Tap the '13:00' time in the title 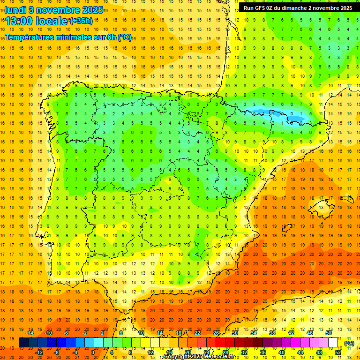pos(19,21)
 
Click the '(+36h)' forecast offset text pos(81,21)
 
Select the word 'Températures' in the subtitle pos(32,37)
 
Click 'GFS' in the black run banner pos(262,7)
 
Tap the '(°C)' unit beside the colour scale pos(349,343)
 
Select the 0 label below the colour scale pos(93,352)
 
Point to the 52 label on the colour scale pos(338,352)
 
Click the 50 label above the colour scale pos(329,333)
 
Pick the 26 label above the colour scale pos(216,333)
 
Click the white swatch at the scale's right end pos(333,343)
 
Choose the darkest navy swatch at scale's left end pos(23,343)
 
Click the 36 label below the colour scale pos(263,352)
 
